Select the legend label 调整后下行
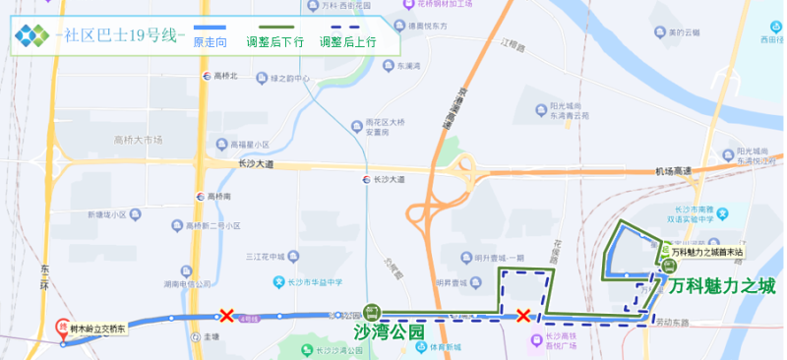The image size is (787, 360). click(275, 42)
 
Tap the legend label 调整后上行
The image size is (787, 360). click(348, 42)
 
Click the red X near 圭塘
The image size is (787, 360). click(227, 316)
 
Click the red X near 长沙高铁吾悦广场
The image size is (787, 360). click(523, 316)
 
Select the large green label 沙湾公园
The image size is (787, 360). click(388, 332)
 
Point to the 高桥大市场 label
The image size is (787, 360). click(138, 141)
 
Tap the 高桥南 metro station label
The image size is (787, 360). click(218, 196)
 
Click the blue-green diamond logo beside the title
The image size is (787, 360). click(30, 35)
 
